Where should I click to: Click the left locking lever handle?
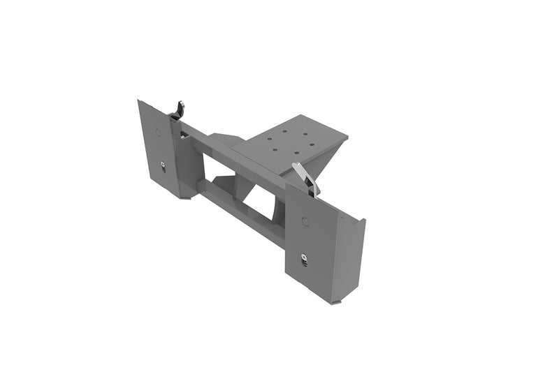pyautogui.click(x=180, y=110)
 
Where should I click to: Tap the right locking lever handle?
pyautogui.click(x=305, y=178)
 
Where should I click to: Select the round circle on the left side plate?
pyautogui.click(x=157, y=132)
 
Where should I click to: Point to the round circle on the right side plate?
pyautogui.click(x=305, y=221)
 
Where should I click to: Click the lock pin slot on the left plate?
pyautogui.click(x=163, y=165)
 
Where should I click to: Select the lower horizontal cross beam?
pyautogui.click(x=238, y=210)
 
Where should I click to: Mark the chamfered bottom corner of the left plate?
pyautogui.click(x=187, y=197)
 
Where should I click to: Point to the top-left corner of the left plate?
pyautogui.click(x=140, y=102)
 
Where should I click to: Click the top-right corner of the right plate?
pyautogui.click(x=364, y=221)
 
